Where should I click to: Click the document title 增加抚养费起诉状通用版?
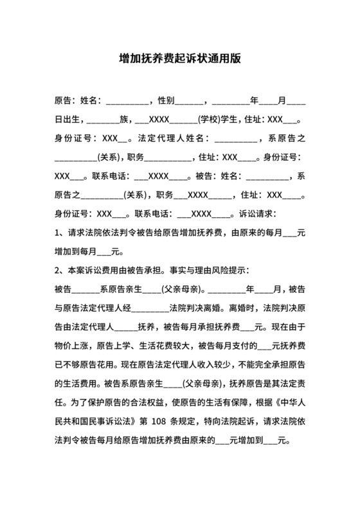pyautogui.click(x=180, y=58)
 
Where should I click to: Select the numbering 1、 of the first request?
pyautogui.click(x=59, y=233)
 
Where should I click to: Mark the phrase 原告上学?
pyautogui.click(x=110, y=344)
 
